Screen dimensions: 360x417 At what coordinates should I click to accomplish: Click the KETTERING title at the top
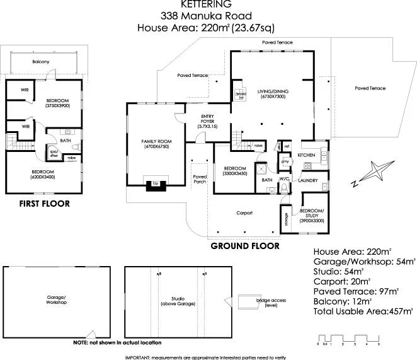(209, 4)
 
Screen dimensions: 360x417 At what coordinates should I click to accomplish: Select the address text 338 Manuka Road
(208, 15)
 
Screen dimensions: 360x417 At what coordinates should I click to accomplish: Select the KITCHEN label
(306, 155)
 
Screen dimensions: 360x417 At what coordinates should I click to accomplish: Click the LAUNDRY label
(308, 181)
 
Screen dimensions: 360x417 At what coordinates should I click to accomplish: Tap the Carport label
(244, 213)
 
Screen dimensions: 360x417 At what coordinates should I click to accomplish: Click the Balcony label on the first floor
(42, 62)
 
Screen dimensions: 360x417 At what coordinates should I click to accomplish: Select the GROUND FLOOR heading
(244, 246)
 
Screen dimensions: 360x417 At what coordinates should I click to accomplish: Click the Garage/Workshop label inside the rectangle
(56, 299)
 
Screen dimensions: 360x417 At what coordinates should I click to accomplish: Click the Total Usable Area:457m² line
(363, 311)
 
